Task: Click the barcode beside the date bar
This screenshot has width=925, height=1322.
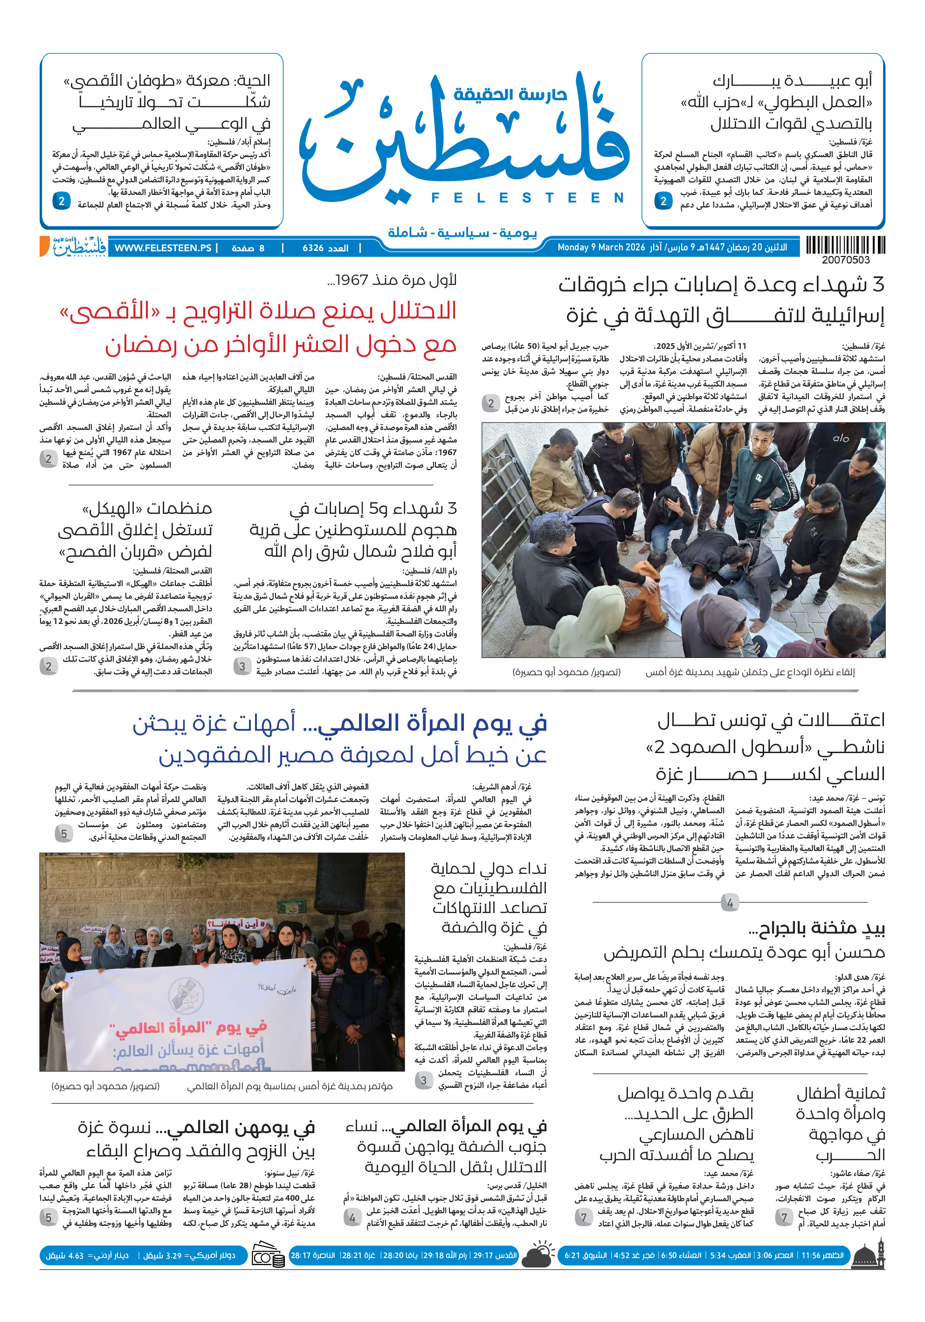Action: [x=845, y=245]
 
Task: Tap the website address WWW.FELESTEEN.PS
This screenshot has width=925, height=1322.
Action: [x=163, y=248]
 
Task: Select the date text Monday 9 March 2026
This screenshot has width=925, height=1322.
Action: [x=601, y=248]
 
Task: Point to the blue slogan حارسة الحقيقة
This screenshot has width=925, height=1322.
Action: [x=510, y=94]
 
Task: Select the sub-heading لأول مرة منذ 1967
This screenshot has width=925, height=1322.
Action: [x=392, y=280]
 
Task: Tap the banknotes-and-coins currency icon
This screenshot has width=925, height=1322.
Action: [x=268, y=1256]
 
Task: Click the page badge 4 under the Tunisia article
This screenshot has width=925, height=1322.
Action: [x=729, y=902]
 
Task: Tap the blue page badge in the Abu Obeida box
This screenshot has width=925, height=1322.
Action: [x=663, y=201]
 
